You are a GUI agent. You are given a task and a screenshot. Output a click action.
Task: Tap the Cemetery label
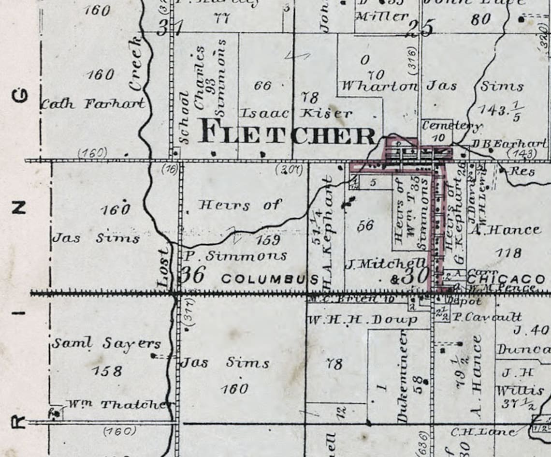pos(452,126)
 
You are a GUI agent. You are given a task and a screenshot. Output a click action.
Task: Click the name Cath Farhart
pos(93,103)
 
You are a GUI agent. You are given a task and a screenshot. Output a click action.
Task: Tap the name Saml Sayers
pos(106,344)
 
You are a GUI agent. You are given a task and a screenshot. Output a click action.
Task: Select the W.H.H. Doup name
pos(362,320)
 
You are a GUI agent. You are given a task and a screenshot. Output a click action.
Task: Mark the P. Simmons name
pos(234,256)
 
